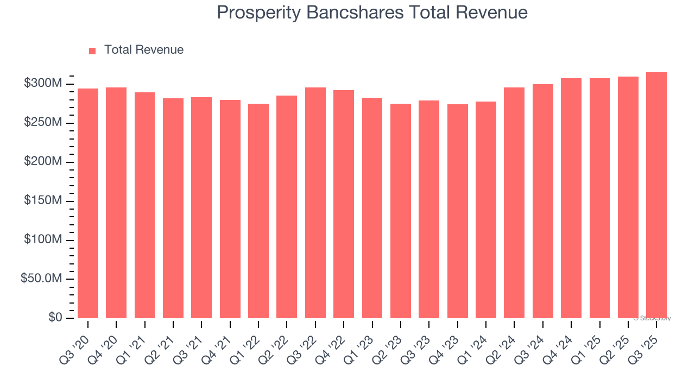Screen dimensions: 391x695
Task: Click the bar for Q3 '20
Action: click(x=88, y=204)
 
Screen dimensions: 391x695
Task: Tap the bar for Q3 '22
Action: click(x=315, y=203)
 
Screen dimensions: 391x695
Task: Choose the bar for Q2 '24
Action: click(x=514, y=203)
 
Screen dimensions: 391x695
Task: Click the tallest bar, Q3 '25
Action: click(x=656, y=195)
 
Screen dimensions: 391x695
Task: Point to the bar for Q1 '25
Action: click(x=599, y=198)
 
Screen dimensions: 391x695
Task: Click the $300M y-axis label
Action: click(x=43, y=84)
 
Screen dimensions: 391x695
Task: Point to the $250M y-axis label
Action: click(x=43, y=123)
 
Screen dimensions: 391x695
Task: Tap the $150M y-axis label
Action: click(x=43, y=201)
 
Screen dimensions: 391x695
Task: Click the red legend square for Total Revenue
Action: click(x=92, y=51)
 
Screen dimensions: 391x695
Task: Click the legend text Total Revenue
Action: click(x=144, y=50)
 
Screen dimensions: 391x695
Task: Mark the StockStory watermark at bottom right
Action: click(x=652, y=318)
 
